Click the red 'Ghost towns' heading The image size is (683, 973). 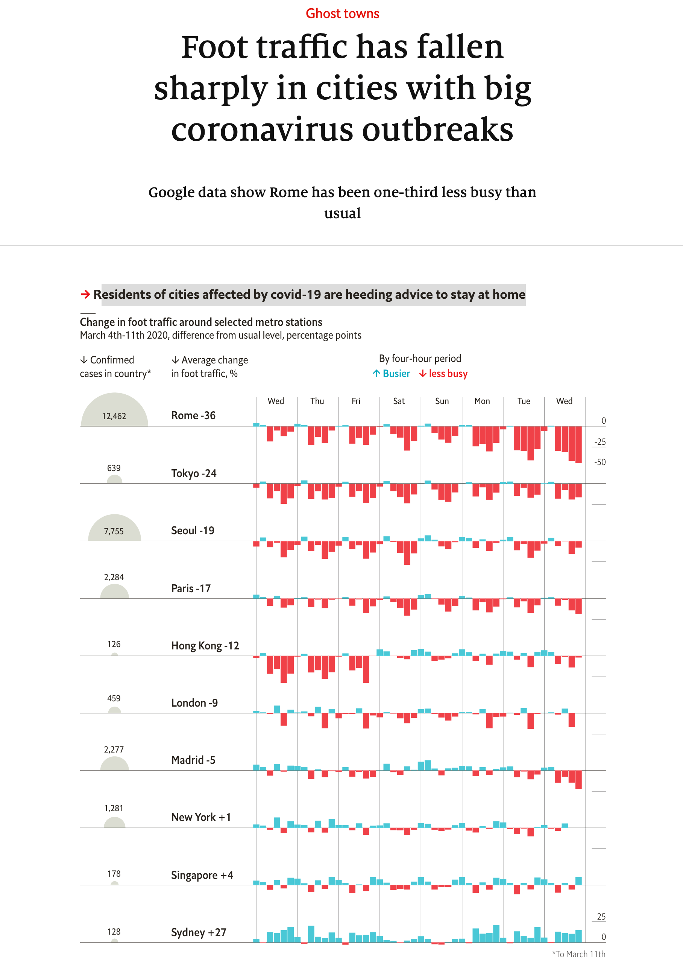click(x=342, y=14)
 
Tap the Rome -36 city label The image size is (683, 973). click(x=193, y=415)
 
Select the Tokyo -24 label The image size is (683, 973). click(x=194, y=473)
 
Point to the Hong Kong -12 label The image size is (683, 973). click(x=205, y=645)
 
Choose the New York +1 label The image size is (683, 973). click(x=201, y=817)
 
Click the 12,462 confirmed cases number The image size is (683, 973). click(x=114, y=416)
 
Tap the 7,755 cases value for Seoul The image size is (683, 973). click(x=114, y=531)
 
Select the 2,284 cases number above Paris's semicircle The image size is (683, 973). click(x=114, y=577)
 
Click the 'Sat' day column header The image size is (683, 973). click(x=399, y=401)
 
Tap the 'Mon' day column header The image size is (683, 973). click(x=482, y=401)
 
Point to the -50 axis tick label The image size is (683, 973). click(x=600, y=462)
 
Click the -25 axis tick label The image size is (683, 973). click(x=600, y=442)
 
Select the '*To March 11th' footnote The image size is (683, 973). click(x=578, y=954)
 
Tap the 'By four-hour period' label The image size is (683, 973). click(x=420, y=359)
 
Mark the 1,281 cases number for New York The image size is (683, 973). click(x=114, y=808)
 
